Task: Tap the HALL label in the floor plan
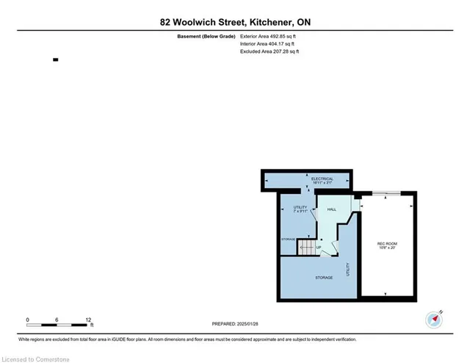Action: (331, 209)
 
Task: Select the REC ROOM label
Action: (387, 243)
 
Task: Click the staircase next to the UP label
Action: (305, 247)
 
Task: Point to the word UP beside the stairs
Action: (318, 247)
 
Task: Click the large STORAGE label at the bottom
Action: (324, 277)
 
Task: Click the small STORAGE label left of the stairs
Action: (288, 240)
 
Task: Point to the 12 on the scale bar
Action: (88, 320)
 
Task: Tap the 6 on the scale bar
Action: (57, 320)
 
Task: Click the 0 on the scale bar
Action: (27, 320)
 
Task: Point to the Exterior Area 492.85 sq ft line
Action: (270, 36)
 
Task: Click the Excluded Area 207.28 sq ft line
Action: (270, 51)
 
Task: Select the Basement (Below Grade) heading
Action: (206, 36)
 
